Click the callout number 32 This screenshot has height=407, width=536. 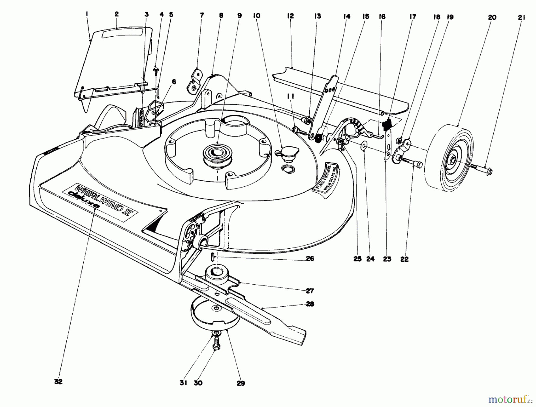pyautogui.click(x=58, y=382)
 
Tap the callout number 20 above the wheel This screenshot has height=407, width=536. pyautogui.click(x=492, y=17)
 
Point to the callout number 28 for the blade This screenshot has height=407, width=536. pyautogui.click(x=310, y=304)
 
